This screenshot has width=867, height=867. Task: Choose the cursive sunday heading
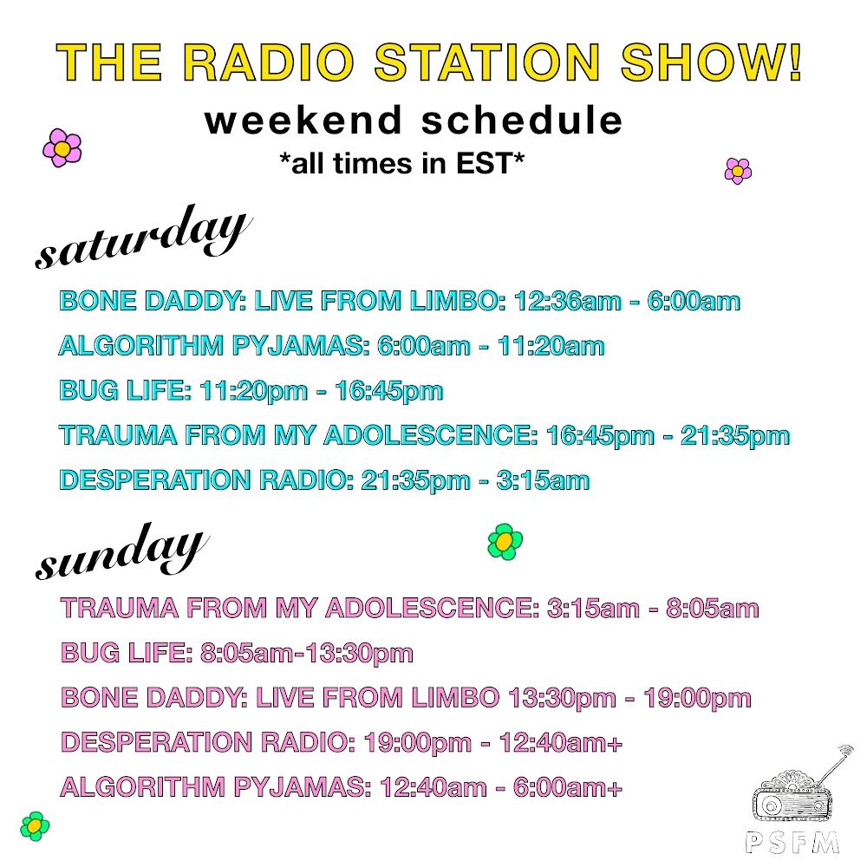[x=121, y=552]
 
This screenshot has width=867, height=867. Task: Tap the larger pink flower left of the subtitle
[x=62, y=148]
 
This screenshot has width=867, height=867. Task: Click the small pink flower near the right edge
[x=738, y=171]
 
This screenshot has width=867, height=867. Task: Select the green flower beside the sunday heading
[x=505, y=542]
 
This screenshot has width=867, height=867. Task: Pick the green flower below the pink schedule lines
[x=35, y=825]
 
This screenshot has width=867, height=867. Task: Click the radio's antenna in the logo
[x=835, y=763]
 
